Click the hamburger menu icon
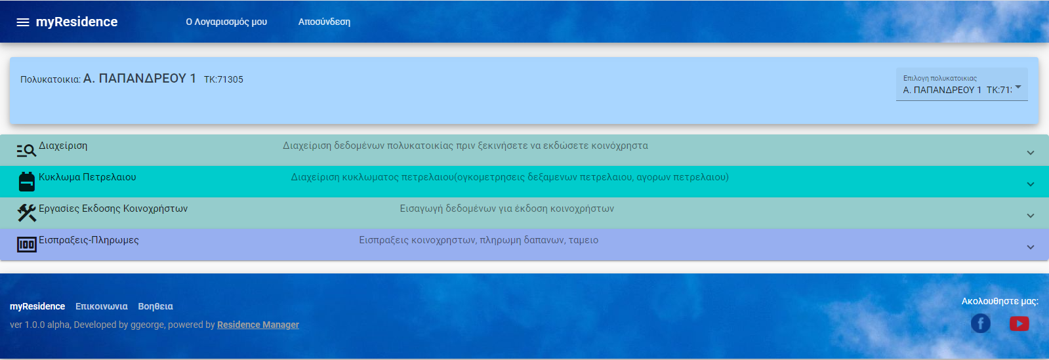pyautogui.click(x=22, y=22)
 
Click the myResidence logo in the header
pyautogui.click(x=77, y=22)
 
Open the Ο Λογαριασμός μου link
pyautogui.click(x=226, y=22)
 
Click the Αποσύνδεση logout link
pyautogui.click(x=324, y=22)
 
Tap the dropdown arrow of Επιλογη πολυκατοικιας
pyautogui.click(x=1018, y=87)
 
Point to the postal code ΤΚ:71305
pyautogui.click(x=224, y=79)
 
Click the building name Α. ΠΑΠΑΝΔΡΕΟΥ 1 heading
pyautogui.click(x=140, y=79)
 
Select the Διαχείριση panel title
pyautogui.click(x=63, y=146)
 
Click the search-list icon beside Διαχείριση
pyautogui.click(x=26, y=150)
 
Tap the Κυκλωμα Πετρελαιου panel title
pyautogui.click(x=87, y=177)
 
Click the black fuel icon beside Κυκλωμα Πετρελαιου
pyautogui.click(x=27, y=182)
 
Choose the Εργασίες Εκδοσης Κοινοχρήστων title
pyautogui.click(x=113, y=209)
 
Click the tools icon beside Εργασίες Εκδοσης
pyautogui.click(x=27, y=213)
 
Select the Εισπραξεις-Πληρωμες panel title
pyautogui.click(x=89, y=240)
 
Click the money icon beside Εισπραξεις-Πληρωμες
pyautogui.click(x=27, y=245)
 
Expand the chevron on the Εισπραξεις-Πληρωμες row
pyautogui.click(x=1030, y=247)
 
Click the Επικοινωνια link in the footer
pyautogui.click(x=102, y=306)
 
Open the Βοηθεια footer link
pyautogui.click(x=155, y=306)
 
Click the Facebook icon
pyautogui.click(x=981, y=323)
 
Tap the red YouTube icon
pyautogui.click(x=1019, y=323)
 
